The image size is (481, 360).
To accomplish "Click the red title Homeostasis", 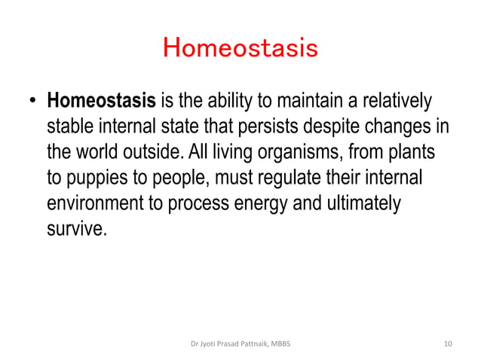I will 240,49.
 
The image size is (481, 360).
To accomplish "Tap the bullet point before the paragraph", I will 33,101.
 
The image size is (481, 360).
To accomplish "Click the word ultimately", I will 365,203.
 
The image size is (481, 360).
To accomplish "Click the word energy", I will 268,203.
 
